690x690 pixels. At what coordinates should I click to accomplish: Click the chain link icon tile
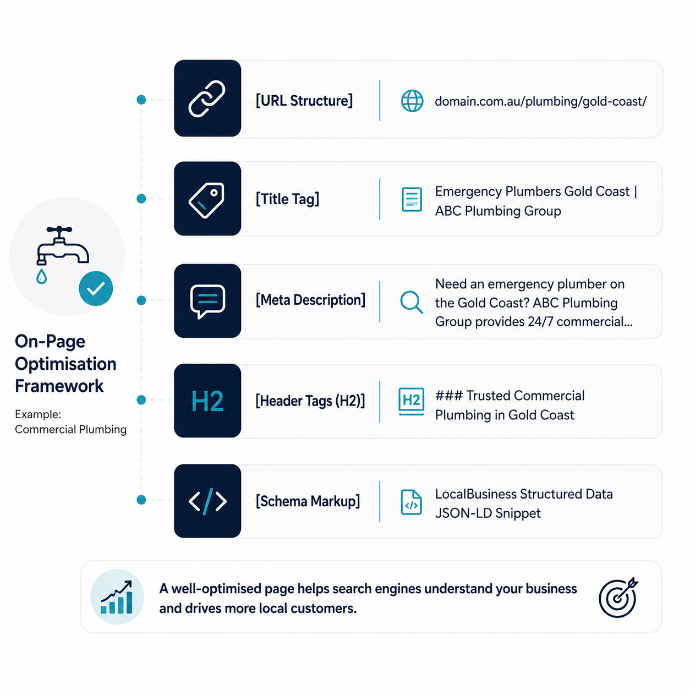[207, 98]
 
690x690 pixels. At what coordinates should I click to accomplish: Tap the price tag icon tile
[207, 199]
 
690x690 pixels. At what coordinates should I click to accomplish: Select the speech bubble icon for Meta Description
[207, 301]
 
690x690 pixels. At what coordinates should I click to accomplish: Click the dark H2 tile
[207, 401]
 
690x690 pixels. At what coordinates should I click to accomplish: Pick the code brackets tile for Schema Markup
[207, 501]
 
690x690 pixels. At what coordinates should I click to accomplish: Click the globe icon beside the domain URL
[412, 101]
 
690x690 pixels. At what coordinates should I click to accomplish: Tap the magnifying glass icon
[412, 303]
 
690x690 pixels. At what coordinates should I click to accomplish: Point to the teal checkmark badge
[96, 289]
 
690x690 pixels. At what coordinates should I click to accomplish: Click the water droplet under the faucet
[41, 276]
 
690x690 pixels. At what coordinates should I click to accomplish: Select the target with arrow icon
[618, 597]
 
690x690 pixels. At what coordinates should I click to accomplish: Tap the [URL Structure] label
[304, 101]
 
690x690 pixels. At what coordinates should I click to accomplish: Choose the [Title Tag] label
[287, 199]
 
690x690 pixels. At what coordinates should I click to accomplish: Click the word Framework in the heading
[59, 386]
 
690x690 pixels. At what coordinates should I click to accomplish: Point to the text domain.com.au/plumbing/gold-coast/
[541, 101]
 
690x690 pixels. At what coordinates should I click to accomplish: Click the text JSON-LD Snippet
[488, 513]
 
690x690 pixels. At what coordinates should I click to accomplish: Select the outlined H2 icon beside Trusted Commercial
[412, 401]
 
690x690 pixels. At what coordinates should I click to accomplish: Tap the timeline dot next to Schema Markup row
[141, 500]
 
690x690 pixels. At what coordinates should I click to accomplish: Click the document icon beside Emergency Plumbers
[412, 199]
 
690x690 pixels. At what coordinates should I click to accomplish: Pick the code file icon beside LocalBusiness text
[411, 502]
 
